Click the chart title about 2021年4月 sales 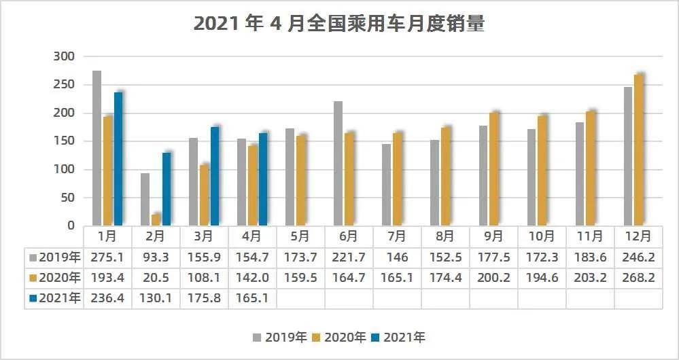[338, 24]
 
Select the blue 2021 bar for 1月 [118, 158]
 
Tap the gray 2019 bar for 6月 [338, 163]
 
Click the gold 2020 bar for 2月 [156, 219]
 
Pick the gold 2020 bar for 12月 [638, 149]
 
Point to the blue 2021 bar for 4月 [263, 179]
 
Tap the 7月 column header [397, 236]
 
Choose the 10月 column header [542, 236]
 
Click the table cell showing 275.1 [107, 257]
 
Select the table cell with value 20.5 [156, 278]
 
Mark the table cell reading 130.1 [156, 299]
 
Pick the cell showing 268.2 [638, 278]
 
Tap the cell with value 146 [397, 257]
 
